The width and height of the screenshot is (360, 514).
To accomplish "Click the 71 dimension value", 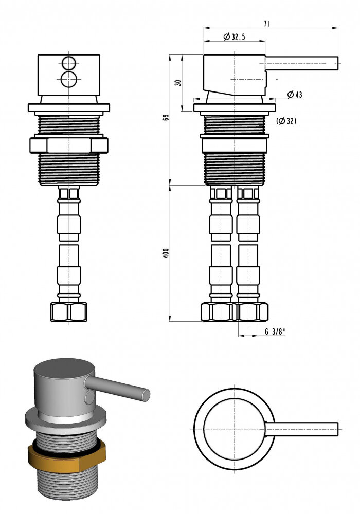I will point(267,23).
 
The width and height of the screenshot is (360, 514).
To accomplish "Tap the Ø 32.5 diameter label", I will point(235,36).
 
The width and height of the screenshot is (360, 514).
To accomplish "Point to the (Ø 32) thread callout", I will point(286,121).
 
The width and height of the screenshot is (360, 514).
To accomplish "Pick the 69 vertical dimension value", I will point(165,117).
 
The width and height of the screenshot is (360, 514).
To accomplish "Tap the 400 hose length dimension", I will point(166,253).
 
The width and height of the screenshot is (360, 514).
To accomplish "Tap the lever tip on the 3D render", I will point(146,394).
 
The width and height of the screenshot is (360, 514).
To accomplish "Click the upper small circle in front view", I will point(68,63).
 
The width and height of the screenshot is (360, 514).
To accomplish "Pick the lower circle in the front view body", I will point(68,79).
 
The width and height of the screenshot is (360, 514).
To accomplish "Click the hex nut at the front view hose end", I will point(68,312).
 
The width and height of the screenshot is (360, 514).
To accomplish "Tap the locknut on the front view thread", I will point(68,145).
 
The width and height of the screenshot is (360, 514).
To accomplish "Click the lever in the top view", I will point(301,429).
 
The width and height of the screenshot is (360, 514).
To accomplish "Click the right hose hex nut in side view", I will point(251,311).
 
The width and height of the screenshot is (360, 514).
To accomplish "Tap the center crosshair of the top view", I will point(234,429).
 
